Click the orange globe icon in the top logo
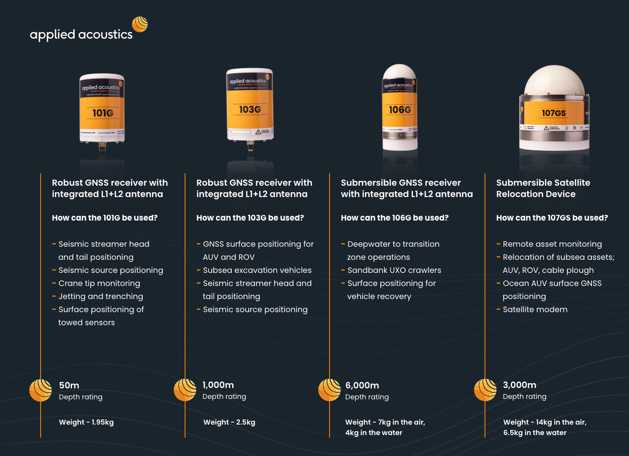[140, 24]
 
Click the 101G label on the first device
[103, 113]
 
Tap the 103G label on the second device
[250, 109]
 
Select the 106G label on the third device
[400, 110]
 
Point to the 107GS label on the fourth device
[553, 113]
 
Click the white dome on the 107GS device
[554, 81]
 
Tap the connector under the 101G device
[102, 146]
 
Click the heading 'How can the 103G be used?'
[250, 218]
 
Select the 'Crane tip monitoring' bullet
[99, 283]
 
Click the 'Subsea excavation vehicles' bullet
[257, 270]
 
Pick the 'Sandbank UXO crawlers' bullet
[394, 270]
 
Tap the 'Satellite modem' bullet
[535, 310]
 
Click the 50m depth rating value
[69, 385]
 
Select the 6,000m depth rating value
[362, 385]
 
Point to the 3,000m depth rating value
[519, 385]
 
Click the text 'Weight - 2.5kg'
[229, 422]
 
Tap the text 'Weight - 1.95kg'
[86, 422]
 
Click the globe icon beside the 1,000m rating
[185, 390]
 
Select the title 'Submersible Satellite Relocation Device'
[543, 188]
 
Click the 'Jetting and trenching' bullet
[100, 296]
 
